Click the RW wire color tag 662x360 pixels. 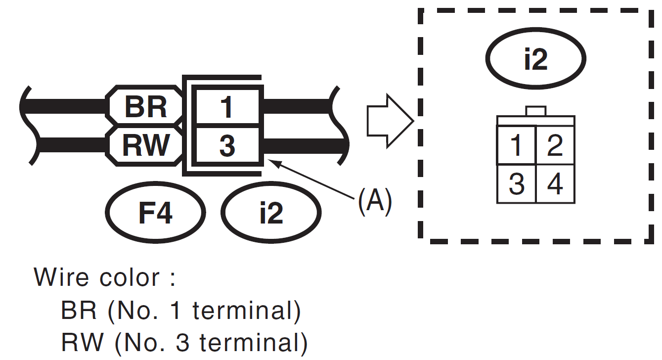145,145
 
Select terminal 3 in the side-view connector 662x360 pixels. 226,146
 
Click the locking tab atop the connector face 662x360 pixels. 536,111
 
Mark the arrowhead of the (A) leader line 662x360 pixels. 271,161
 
